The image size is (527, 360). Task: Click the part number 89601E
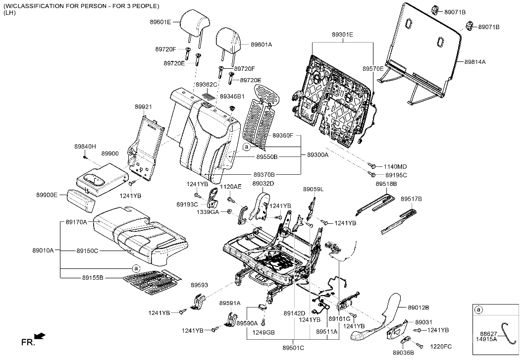[160, 22]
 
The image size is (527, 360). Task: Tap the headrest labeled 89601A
[228, 42]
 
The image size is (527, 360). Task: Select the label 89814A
[475, 62]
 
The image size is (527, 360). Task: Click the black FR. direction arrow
[40, 336]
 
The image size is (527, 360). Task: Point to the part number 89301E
[342, 35]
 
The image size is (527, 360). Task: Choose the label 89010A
[43, 251]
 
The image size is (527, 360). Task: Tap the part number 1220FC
[441, 347]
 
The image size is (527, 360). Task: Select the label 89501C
[293, 348]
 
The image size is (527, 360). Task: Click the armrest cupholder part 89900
[102, 179]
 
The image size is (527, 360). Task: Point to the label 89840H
[85, 147]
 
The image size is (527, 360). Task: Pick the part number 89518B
[386, 184]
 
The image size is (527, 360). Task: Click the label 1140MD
[395, 167]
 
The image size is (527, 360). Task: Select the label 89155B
[93, 278]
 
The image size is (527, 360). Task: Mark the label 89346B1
[232, 97]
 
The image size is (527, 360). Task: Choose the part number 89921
[144, 107]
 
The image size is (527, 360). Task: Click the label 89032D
[263, 184]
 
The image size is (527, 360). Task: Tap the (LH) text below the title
[9, 13]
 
